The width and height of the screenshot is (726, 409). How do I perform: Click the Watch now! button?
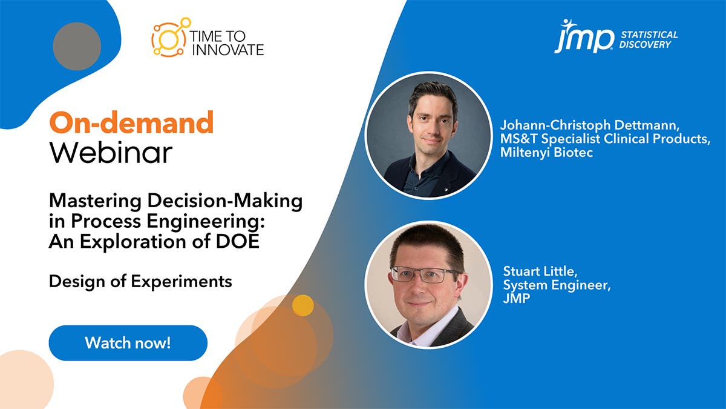coord(128,343)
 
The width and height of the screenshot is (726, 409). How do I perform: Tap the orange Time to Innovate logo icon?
coord(170,38)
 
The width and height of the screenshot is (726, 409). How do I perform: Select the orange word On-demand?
coord(131,123)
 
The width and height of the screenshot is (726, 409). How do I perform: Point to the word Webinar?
coord(111,153)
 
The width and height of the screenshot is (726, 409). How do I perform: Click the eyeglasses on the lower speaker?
coord(425,274)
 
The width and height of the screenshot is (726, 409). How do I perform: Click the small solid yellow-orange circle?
coord(302,305)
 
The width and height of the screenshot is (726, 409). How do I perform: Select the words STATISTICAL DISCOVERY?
coord(649,39)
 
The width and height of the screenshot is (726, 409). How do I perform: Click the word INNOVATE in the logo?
coord(227,50)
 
